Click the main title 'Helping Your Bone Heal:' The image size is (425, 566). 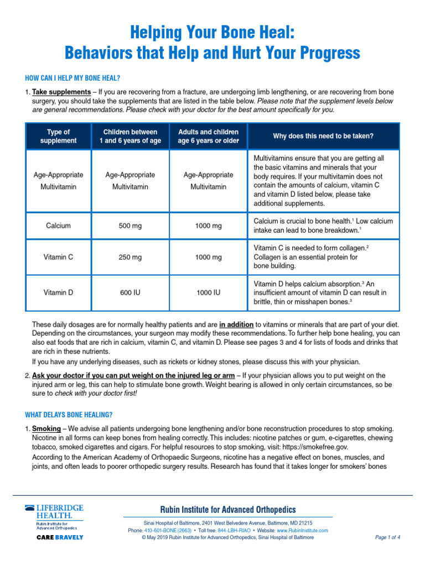click(x=212, y=33)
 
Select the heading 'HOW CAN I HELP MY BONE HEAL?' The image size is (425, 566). click(x=73, y=77)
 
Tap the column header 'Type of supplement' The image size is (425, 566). click(x=58, y=137)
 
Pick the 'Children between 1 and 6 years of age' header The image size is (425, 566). click(x=130, y=137)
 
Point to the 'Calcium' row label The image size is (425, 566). click(x=58, y=226)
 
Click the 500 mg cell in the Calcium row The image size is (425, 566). click(x=130, y=226)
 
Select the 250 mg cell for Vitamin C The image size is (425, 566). click(x=130, y=257)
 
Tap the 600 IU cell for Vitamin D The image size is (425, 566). click(x=130, y=292)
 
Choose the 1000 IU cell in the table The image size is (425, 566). click(x=208, y=292)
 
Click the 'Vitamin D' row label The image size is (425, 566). click(x=58, y=292)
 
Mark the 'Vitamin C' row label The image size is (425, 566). click(x=58, y=257)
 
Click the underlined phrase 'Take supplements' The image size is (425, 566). click(x=61, y=91)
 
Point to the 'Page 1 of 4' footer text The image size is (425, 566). click(x=387, y=537)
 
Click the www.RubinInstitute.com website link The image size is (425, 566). click(x=302, y=530)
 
